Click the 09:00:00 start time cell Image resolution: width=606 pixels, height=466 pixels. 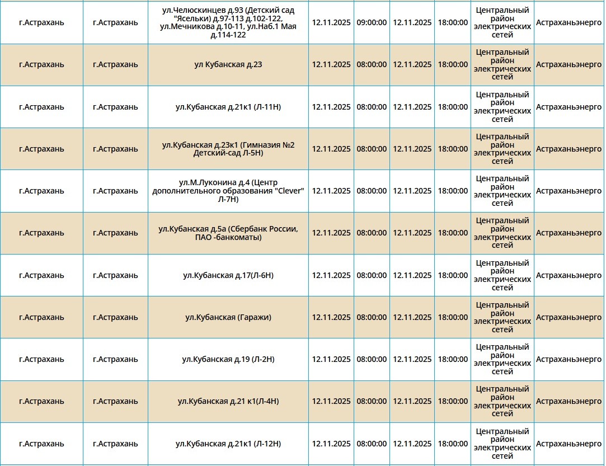[x=372, y=22]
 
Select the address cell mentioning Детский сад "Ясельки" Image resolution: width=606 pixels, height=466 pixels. [x=228, y=22]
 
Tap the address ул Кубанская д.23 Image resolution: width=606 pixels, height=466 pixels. [x=228, y=64]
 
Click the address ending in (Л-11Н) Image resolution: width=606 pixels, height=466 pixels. [x=228, y=107]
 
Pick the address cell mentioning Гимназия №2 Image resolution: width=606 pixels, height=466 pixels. [x=228, y=149]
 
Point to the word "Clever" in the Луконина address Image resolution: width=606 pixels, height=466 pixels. [x=290, y=191]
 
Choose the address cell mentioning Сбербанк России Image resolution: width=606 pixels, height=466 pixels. [x=228, y=233]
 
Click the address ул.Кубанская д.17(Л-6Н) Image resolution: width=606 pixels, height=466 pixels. [x=228, y=275]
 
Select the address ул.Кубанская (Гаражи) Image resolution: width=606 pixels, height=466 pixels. [x=228, y=317]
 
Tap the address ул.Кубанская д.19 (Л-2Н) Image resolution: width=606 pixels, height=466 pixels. [x=228, y=359]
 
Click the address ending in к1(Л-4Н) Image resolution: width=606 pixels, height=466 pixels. [x=228, y=401]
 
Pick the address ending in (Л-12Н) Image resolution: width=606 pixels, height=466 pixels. [x=228, y=444]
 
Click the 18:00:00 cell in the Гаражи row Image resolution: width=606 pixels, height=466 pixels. [x=453, y=317]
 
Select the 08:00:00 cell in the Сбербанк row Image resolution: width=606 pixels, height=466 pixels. [x=372, y=233]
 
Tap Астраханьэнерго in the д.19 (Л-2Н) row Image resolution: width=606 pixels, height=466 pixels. [x=569, y=359]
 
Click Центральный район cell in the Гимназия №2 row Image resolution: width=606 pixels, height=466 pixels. [x=502, y=149]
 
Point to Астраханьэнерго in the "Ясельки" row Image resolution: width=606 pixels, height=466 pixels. [x=569, y=22]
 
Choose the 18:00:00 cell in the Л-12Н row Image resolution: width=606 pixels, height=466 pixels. [x=453, y=444]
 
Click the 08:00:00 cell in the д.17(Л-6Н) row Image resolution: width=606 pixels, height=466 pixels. [x=372, y=275]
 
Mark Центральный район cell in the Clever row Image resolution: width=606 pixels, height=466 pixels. [x=502, y=191]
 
